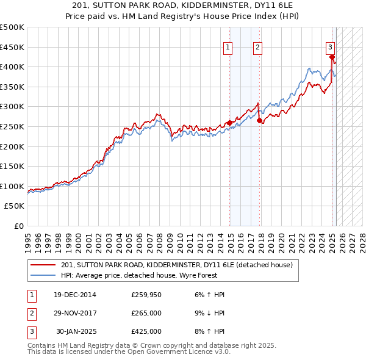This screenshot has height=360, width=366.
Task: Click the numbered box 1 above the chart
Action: [x=228, y=47]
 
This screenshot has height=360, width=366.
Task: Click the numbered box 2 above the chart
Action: [x=258, y=47]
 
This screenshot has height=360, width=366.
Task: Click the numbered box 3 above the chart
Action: [x=329, y=47]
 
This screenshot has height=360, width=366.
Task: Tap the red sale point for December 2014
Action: [x=229, y=123]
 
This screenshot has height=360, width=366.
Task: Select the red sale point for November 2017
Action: [x=259, y=121]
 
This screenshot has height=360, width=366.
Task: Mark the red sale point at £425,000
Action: [x=332, y=57]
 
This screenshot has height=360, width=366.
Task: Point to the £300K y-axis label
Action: [x=12, y=107]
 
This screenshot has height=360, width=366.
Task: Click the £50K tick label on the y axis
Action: [x=14, y=206]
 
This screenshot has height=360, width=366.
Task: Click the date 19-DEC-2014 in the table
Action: [x=75, y=295]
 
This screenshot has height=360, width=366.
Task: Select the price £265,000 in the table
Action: [x=146, y=313]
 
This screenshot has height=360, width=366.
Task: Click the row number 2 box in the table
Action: [x=31, y=313]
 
